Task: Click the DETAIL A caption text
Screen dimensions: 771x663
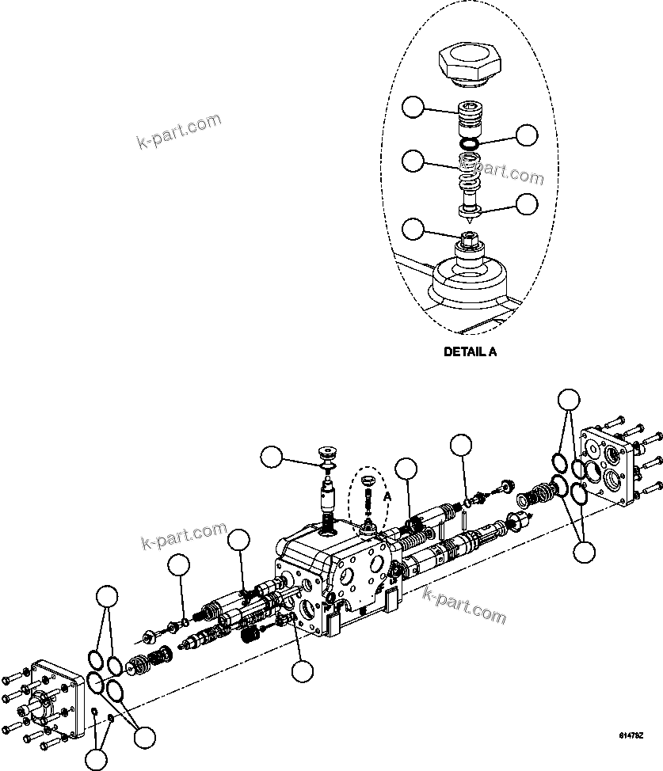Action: [471, 353]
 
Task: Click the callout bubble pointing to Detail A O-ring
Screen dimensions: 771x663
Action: [527, 135]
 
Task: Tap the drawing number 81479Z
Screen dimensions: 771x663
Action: [631, 736]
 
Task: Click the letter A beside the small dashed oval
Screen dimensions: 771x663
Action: [388, 496]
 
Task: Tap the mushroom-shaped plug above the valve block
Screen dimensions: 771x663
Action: [326, 455]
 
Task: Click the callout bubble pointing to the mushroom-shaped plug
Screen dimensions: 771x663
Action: [274, 458]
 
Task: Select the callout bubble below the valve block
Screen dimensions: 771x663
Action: [302, 671]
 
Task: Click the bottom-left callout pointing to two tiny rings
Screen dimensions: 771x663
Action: [96, 759]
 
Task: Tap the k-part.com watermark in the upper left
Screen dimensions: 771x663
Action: [178, 132]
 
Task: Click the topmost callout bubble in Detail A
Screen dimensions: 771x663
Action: [413, 107]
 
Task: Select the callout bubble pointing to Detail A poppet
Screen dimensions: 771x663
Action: [528, 203]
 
